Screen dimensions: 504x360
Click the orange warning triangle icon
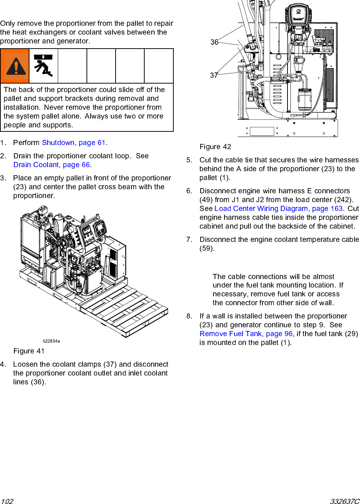coord(15,66)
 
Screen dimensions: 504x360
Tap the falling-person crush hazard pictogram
coord(43,66)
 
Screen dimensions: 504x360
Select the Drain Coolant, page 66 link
coord(52,165)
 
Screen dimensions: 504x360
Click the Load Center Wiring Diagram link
coord(278,209)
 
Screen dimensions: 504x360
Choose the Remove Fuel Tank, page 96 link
coord(246,334)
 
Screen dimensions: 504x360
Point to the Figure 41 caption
coord(29,351)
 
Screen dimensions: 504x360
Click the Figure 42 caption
coord(215,147)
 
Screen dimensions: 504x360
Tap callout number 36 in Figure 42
coord(214,42)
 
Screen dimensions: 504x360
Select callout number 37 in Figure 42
coord(214,75)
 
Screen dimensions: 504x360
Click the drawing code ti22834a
coord(51,341)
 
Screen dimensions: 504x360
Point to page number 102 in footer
coord(7,501)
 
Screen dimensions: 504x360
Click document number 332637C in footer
coord(345,501)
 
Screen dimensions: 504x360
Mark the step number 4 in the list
coord(3,364)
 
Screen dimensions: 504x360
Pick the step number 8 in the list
coord(189,316)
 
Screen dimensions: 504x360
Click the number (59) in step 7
coord(207,249)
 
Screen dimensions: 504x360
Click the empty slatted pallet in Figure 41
coord(125,309)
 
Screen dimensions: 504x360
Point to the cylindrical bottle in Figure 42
coord(304,99)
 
